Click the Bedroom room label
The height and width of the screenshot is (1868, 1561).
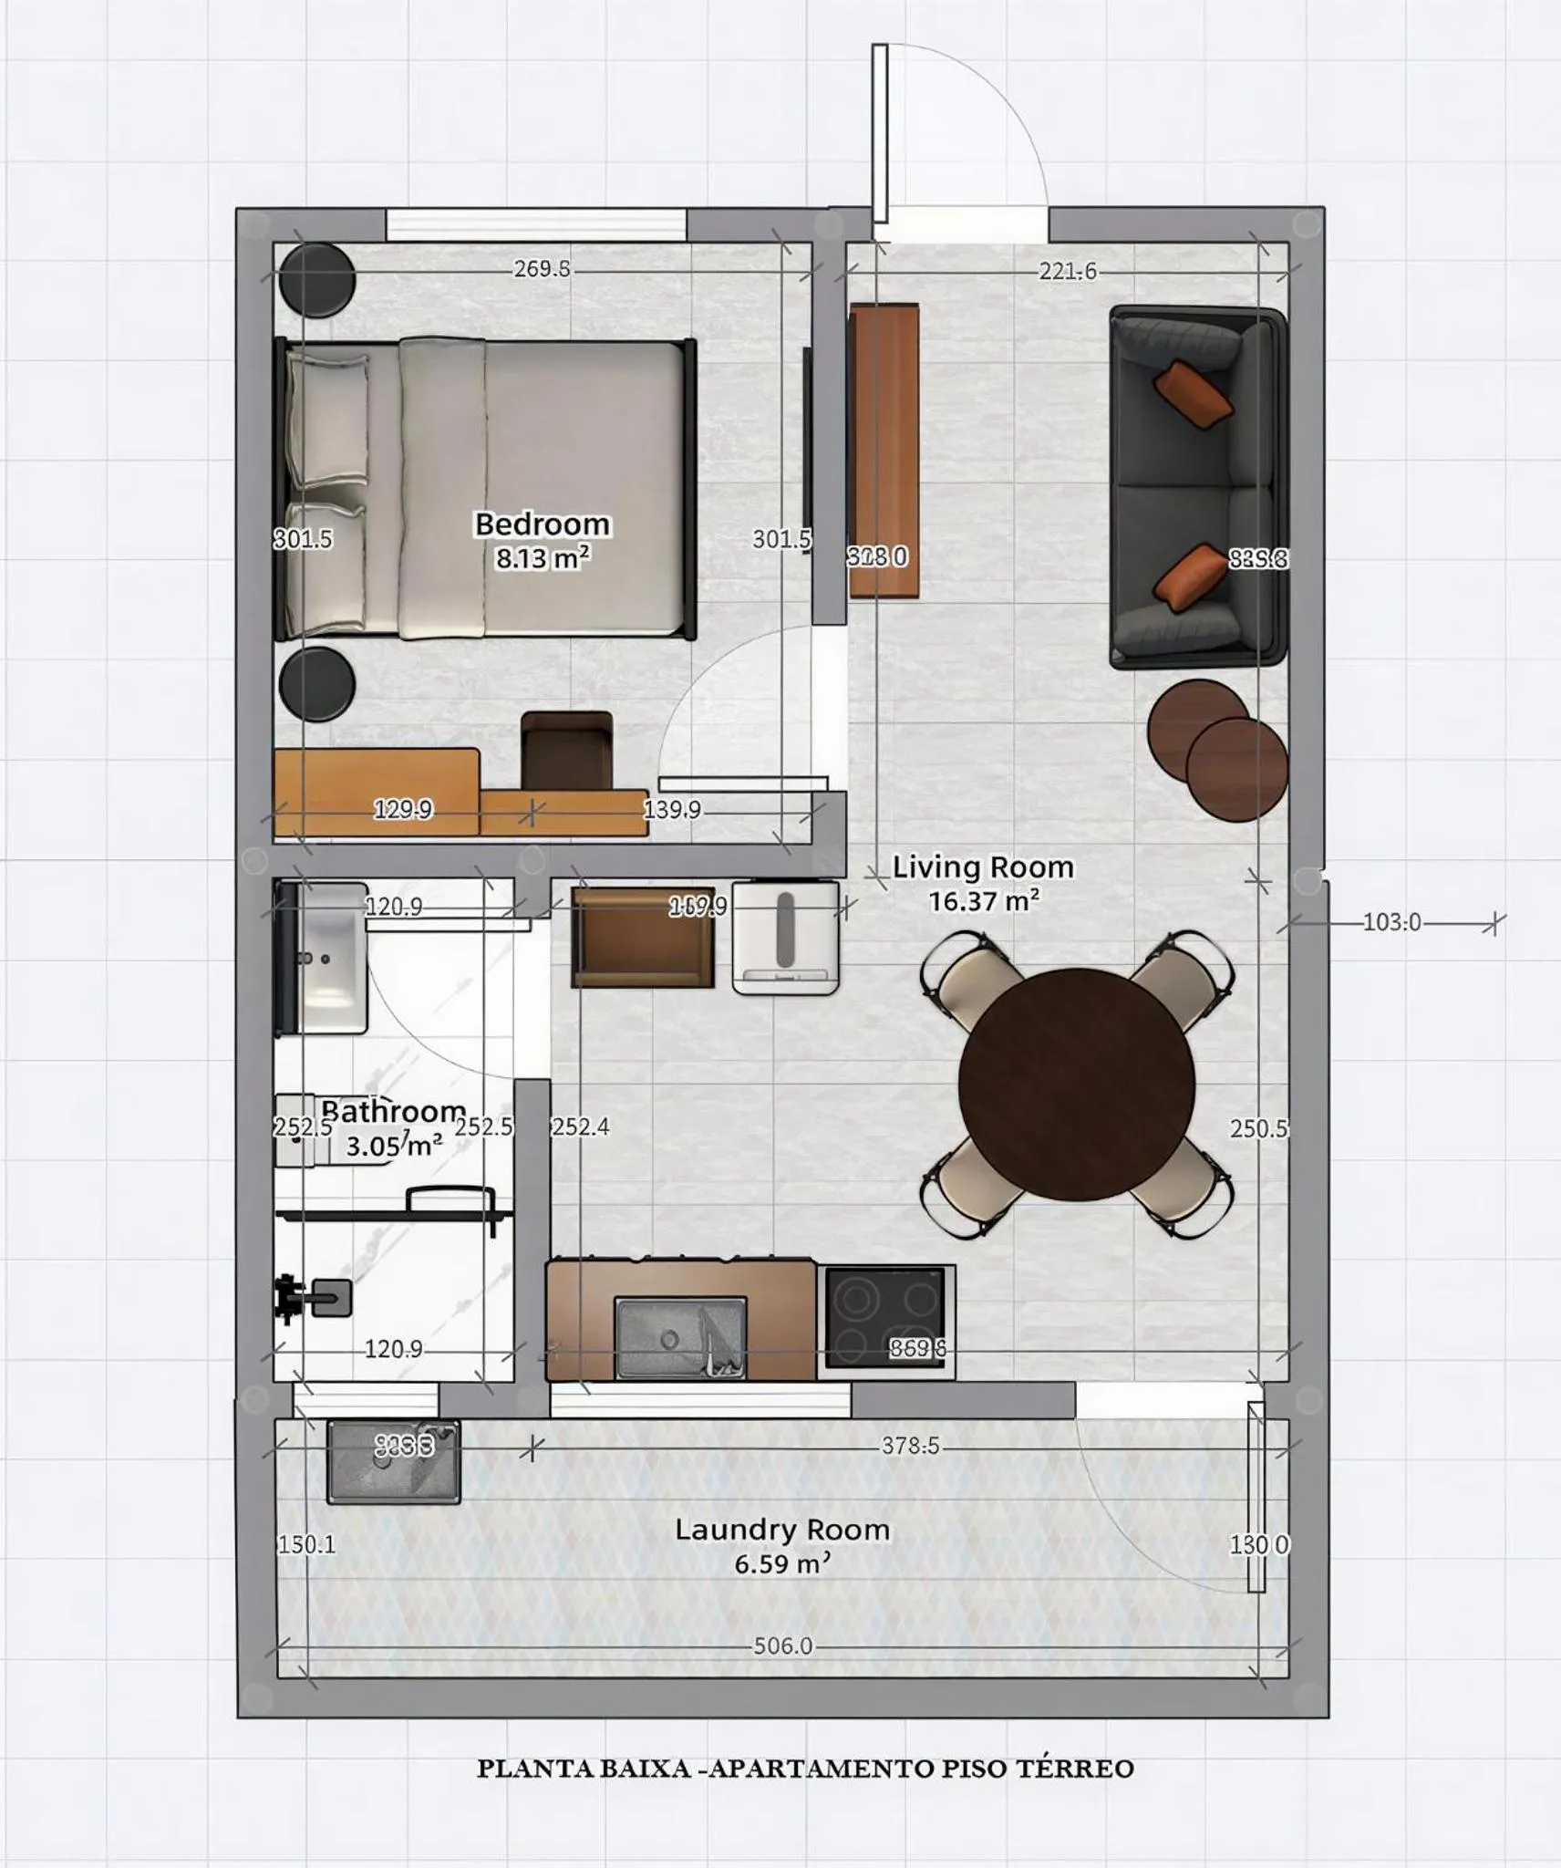coord(542,524)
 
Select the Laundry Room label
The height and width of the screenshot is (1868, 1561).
coord(781,1530)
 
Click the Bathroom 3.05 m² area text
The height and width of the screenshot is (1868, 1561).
coord(393,1146)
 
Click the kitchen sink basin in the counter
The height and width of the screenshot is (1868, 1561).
coord(680,1337)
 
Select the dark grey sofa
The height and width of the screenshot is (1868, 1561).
coord(1196,488)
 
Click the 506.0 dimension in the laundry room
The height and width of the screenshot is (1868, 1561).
coord(781,1646)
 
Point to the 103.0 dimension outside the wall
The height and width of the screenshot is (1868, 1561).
coord(1391,922)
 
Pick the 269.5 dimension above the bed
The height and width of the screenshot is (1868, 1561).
coord(542,269)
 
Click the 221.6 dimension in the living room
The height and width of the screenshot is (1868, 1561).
coord(1067,271)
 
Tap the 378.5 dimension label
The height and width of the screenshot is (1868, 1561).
coord(909,1446)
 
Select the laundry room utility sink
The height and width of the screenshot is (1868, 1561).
coord(393,1461)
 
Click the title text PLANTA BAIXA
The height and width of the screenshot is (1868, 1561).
coord(584,1769)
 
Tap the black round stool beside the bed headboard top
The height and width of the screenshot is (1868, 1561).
coord(316,280)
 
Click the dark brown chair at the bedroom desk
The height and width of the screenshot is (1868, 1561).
coord(566,750)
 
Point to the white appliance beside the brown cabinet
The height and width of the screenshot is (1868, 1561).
coord(785,937)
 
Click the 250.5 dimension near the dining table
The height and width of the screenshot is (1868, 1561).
coord(1258,1128)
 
